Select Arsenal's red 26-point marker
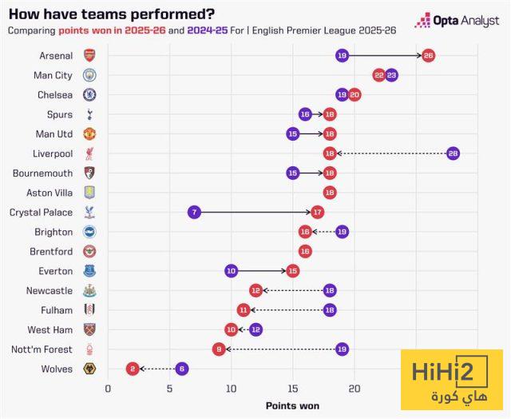click(428, 55)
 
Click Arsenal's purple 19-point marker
click(342, 55)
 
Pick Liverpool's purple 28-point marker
click(453, 154)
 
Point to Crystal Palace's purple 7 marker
click(194, 212)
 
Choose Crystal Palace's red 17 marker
click(317, 212)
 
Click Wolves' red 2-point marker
click(133, 369)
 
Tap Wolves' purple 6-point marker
click(182, 369)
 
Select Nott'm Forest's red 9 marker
click(219, 349)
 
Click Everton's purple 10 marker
click(232, 271)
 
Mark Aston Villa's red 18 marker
click(330, 193)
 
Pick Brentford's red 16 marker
click(305, 251)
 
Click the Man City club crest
click(89, 75)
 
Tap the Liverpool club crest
click(89, 154)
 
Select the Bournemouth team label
click(42, 173)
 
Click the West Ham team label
click(50, 329)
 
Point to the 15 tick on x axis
click(292, 389)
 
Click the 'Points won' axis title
click(292, 406)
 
